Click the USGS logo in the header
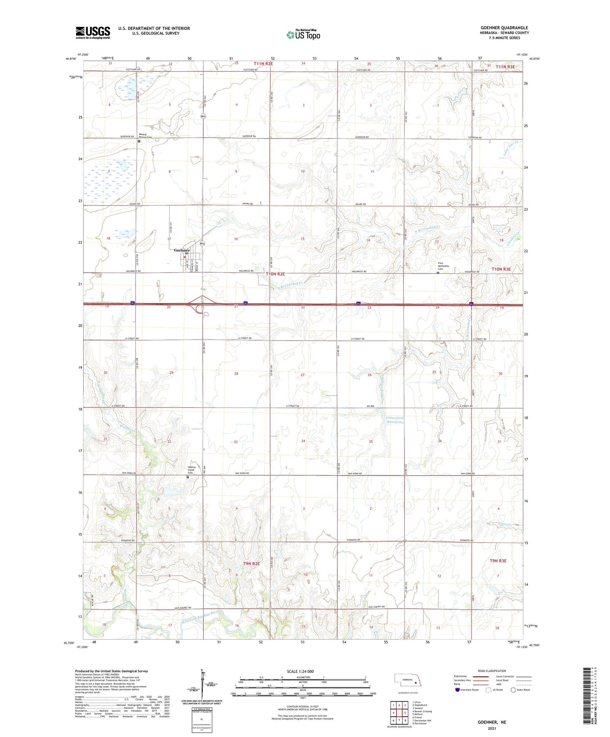[x=93, y=33]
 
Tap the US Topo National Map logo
[x=303, y=34]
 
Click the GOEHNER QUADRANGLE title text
[x=504, y=28]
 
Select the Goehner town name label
[x=182, y=250]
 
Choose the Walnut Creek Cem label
[x=192, y=470]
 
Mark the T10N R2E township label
[x=275, y=274]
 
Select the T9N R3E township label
[x=498, y=561]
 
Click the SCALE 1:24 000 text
[x=300, y=671]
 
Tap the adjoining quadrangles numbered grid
[x=399, y=713]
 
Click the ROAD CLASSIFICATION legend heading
[x=491, y=671]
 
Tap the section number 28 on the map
[x=236, y=374]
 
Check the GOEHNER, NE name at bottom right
[x=492, y=722]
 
